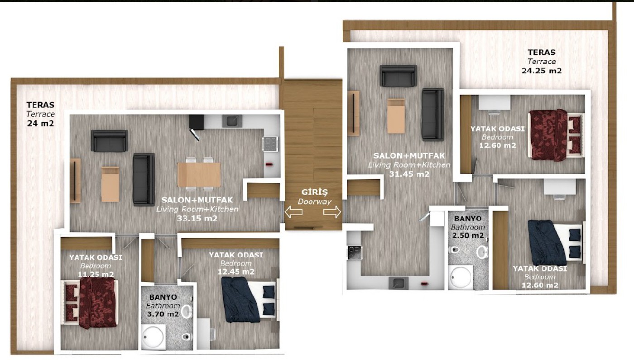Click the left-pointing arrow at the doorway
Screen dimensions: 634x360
tap(293, 212)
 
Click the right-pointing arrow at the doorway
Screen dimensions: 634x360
tap(332, 212)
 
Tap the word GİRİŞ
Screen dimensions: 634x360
tap(314, 192)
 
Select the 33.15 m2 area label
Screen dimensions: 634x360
tap(197, 218)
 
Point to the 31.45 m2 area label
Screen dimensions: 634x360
tap(409, 174)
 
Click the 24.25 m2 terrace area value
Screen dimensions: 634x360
tap(542, 71)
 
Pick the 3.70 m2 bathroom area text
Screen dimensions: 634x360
tap(163, 314)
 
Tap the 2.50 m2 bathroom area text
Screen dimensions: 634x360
tap(468, 235)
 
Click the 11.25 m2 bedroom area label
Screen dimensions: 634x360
tap(96, 274)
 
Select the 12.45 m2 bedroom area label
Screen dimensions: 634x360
tap(236, 272)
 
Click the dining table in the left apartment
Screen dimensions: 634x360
tap(199, 175)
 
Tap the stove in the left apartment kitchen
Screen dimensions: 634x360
tap(270, 144)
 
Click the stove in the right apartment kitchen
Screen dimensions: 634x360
tap(354, 253)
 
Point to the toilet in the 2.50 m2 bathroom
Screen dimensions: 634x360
tap(455, 250)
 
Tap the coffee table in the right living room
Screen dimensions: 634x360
tap(396, 116)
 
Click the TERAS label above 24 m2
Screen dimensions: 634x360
tap(40, 105)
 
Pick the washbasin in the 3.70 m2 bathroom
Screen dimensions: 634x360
tap(187, 312)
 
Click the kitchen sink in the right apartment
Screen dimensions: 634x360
tap(399, 283)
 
